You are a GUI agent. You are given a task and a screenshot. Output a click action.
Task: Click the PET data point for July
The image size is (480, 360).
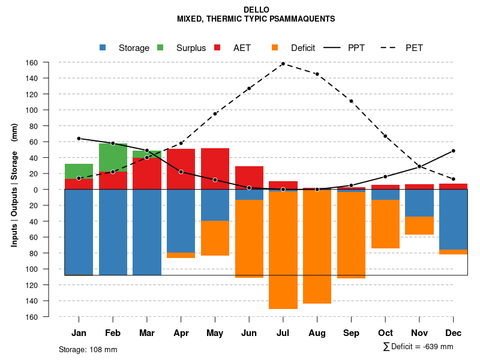[x=283, y=64]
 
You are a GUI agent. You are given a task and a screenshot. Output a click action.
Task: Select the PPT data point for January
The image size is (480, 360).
[x=79, y=139]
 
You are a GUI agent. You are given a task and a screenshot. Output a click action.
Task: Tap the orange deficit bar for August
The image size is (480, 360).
[x=317, y=247]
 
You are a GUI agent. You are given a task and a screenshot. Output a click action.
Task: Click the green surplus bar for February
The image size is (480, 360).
[x=113, y=157]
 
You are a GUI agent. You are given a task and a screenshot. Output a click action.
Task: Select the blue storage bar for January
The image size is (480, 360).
[x=79, y=232]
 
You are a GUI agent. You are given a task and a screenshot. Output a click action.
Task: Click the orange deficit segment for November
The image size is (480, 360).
[x=419, y=226]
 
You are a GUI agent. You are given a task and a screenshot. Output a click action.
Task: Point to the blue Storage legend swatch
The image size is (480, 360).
[x=103, y=47]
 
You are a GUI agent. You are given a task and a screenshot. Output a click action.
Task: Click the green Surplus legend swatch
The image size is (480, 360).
[x=160, y=47]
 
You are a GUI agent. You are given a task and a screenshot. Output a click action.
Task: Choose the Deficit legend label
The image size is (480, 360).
[x=303, y=48]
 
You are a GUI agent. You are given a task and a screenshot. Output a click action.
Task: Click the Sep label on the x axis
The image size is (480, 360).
[x=351, y=333]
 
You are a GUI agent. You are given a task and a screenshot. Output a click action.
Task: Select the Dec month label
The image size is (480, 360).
[x=454, y=333]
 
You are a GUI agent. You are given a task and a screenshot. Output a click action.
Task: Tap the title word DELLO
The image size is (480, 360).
[x=256, y=10]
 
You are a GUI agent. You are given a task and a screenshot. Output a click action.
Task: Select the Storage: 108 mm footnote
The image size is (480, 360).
[x=88, y=349]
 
